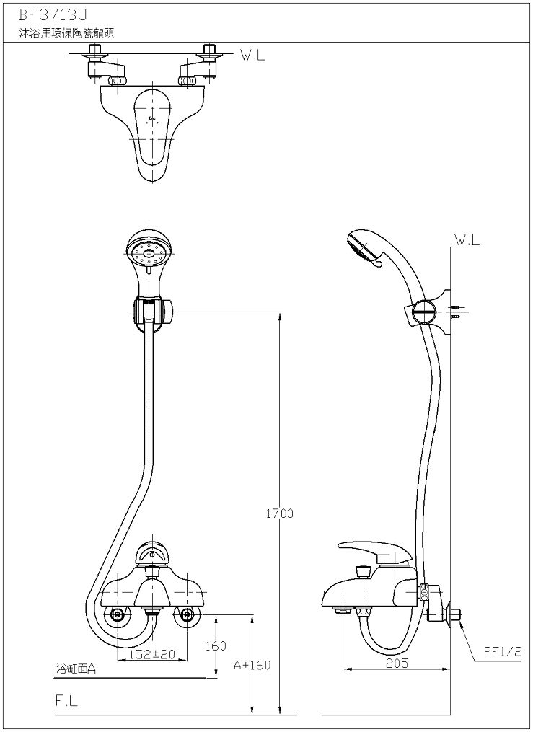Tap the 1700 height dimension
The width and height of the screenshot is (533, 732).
pyautogui.click(x=280, y=513)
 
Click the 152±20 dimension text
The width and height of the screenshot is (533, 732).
pyautogui.click(x=152, y=654)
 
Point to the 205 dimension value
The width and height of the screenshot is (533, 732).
pyautogui.click(x=397, y=663)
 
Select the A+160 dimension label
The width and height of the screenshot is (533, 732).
pyautogui.click(x=252, y=665)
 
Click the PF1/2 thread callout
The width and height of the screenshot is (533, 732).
pyautogui.click(x=502, y=652)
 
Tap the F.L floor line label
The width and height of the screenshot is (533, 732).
pyautogui.click(x=66, y=701)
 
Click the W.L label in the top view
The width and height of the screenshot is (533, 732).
pyautogui.click(x=252, y=56)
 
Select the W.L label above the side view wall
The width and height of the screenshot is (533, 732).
pyautogui.click(x=467, y=240)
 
